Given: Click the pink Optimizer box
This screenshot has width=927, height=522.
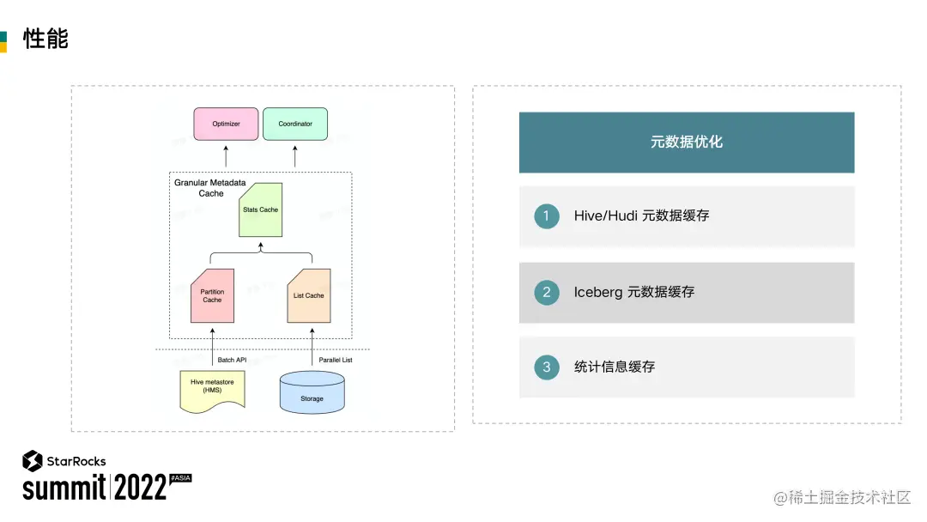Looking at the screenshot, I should [x=226, y=124].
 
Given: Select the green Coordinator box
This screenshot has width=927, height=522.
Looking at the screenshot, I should [x=294, y=124].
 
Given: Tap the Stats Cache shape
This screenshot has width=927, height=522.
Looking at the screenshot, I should [x=260, y=209].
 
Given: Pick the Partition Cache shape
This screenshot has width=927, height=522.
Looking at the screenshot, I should [x=212, y=295].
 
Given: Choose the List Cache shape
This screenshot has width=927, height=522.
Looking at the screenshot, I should [x=308, y=295].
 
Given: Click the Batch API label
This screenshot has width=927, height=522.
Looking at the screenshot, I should [x=232, y=360].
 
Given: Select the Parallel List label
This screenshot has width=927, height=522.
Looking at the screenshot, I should [x=336, y=360].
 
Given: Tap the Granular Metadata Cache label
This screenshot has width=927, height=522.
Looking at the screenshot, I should [x=210, y=188].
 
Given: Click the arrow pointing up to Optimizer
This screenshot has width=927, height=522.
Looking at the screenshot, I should [x=226, y=155].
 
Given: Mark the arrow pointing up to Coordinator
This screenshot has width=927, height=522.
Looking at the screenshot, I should [x=294, y=155].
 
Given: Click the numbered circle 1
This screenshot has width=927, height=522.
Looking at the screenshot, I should [x=546, y=215].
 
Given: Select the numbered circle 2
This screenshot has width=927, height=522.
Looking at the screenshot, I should [x=546, y=292].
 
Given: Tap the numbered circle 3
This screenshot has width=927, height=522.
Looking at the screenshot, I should [x=546, y=367].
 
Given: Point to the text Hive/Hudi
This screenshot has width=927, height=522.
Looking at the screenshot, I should [x=604, y=215].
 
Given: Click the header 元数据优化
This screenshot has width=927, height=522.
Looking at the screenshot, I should [x=687, y=142].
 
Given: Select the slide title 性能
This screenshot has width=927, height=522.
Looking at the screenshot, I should [x=45, y=39].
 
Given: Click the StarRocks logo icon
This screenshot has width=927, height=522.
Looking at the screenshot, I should [x=33, y=461].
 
